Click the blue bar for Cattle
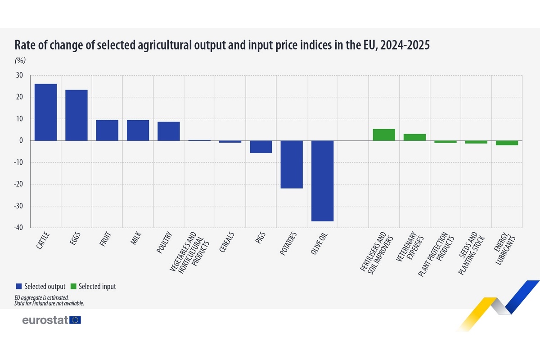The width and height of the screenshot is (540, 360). (x=45, y=112)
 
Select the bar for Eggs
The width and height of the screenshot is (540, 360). (x=76, y=115)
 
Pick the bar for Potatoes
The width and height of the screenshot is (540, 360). (x=292, y=164)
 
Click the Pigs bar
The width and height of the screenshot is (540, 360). (x=261, y=147)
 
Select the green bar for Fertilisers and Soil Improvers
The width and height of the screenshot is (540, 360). (x=384, y=135)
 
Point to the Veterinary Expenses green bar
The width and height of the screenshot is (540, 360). (x=414, y=137)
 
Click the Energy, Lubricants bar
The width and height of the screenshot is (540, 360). (x=507, y=143)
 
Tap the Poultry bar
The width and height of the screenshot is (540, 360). (x=169, y=131)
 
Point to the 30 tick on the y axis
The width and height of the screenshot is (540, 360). (x=20, y=75)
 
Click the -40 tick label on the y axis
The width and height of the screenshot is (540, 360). (x=18, y=228)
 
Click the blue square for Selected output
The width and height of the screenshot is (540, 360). (x=18, y=286)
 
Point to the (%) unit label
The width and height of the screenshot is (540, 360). (x=21, y=61)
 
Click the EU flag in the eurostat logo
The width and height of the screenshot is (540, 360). (x=76, y=320)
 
